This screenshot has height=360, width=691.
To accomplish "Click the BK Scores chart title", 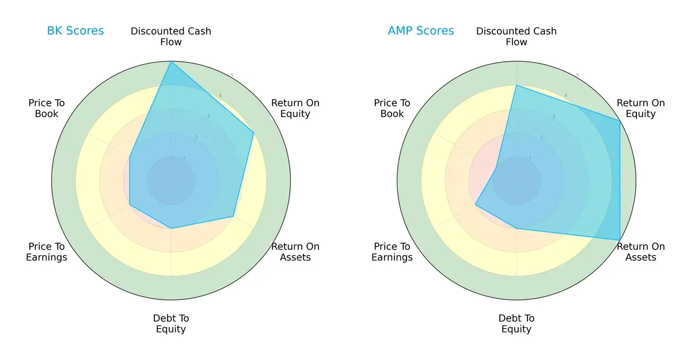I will (75, 31).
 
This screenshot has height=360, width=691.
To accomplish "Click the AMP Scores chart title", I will (421, 31).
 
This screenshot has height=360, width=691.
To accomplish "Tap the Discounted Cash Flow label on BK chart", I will (171, 36).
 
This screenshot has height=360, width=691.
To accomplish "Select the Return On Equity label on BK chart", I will (295, 108).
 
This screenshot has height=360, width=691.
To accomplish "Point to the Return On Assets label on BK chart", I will (295, 252).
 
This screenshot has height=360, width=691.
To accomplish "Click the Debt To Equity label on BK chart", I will (171, 324).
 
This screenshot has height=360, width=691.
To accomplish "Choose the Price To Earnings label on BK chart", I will (47, 252).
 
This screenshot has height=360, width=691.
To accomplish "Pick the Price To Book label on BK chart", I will (47, 108).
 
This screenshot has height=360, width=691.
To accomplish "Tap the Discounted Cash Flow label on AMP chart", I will (517, 36).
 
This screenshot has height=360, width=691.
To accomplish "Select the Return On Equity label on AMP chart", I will (641, 108).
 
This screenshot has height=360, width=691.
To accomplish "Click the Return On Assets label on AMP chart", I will (641, 252).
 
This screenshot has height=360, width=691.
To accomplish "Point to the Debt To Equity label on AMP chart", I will (517, 324).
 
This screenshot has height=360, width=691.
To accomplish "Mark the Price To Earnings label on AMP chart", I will (392, 252).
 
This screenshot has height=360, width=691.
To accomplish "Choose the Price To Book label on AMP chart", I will (392, 108).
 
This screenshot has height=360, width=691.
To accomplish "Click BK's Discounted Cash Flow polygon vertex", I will (171, 62).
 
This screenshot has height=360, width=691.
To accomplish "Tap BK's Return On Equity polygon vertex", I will (253, 132).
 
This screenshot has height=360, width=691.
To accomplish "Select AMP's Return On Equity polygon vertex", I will (620, 120).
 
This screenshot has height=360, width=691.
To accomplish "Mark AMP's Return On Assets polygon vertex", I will (620, 240).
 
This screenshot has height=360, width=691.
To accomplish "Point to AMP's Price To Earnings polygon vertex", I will (475, 204).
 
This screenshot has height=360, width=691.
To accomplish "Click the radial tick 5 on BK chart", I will (232, 75).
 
